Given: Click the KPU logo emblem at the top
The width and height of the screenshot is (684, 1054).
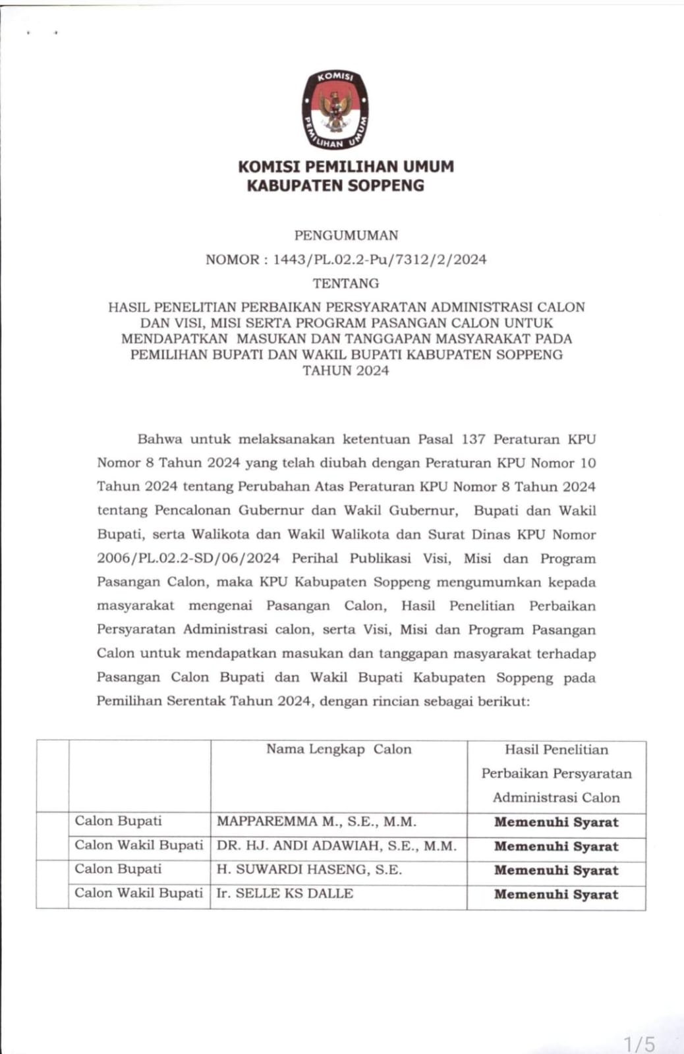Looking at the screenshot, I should click(335, 109).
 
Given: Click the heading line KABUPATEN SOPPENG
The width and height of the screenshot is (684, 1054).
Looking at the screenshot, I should click(335, 186).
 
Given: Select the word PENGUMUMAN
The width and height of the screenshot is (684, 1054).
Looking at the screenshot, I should click(346, 235).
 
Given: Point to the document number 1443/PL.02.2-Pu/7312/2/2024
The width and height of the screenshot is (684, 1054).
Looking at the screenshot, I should click(380, 260).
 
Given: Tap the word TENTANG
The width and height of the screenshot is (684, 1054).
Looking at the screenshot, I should click(346, 283).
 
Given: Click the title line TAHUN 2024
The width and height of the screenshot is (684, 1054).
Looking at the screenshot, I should click(346, 370).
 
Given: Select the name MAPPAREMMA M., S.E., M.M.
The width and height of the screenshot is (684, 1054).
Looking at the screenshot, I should click(316, 821).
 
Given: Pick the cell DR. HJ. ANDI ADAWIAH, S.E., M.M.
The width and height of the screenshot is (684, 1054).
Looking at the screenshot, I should click(336, 846).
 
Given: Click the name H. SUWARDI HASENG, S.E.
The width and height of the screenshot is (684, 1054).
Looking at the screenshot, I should click(309, 870).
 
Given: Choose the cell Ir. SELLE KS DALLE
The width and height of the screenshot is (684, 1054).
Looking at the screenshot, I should click(285, 893).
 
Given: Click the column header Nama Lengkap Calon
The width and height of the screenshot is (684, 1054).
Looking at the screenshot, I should click(339, 749).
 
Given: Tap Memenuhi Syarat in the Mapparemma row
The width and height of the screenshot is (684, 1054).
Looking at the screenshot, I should click(556, 822).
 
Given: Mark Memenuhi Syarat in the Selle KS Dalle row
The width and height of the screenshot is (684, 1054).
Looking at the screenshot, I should click(556, 895).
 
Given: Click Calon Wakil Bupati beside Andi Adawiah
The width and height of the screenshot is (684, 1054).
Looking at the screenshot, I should click(138, 845).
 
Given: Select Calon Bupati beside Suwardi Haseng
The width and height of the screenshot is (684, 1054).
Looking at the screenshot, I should click(118, 869).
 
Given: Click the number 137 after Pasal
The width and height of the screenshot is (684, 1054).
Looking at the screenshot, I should click(473, 439).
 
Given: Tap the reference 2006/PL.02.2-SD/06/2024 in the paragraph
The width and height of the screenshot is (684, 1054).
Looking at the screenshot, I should click(188, 559).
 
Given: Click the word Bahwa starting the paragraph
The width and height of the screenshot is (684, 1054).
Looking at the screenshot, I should click(159, 439).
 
